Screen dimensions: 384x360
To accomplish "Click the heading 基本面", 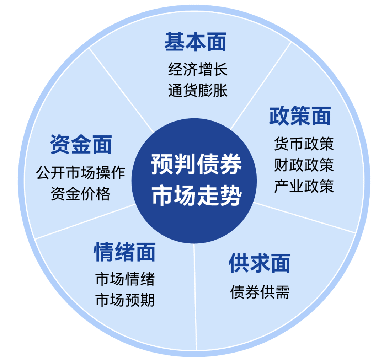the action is pyautogui.click(x=195, y=42).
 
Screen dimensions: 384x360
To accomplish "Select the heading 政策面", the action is pyautogui.click(x=300, y=116).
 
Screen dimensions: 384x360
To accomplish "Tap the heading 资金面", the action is pyautogui.click(x=81, y=144).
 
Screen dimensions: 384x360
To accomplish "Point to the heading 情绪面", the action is pyautogui.click(x=124, y=252).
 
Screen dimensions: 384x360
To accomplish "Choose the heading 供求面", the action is pyautogui.click(x=259, y=263).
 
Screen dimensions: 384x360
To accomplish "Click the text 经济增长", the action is pyautogui.click(x=198, y=69).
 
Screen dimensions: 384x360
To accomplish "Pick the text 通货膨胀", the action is pyautogui.click(x=198, y=90).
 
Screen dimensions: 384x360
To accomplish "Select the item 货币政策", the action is pyautogui.click(x=304, y=144).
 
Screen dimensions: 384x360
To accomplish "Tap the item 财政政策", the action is pyautogui.click(x=304, y=165).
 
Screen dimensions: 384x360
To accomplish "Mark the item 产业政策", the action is pyautogui.click(x=304, y=186).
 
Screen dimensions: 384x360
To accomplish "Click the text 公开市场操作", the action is pyautogui.click(x=81, y=173).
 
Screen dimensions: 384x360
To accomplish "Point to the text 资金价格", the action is pyautogui.click(x=81, y=194).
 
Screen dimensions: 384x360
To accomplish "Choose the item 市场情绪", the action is pyautogui.click(x=125, y=279).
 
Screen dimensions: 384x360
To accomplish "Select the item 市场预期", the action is pyautogui.click(x=125, y=300).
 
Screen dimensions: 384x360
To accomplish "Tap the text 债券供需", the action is pyautogui.click(x=260, y=292).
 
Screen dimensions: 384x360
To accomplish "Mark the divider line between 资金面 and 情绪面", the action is pyautogui.click(x=85, y=221).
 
